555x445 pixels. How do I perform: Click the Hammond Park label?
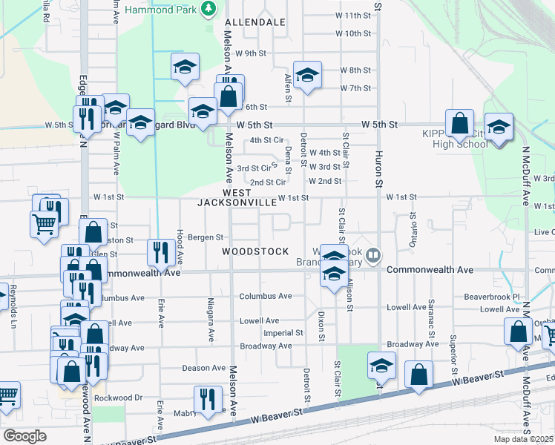coord(171,10)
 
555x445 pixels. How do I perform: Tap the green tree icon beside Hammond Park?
coord(210,8)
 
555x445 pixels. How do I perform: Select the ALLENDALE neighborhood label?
coord(255,23)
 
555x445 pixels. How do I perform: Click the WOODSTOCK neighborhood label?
coord(255,251)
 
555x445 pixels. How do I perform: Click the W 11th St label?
coord(352,16)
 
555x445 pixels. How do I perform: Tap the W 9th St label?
coord(251,53)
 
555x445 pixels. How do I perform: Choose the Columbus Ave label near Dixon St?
coord(265,297)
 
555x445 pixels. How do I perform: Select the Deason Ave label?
coord(203,368)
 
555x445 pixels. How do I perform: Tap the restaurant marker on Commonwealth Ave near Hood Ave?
coord(160,252)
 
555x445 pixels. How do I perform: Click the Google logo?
coord(24,436)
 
